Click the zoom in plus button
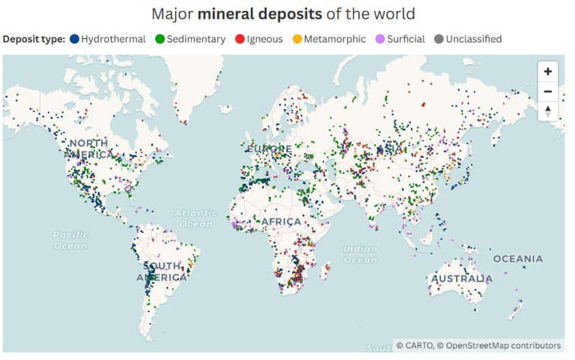pos(548,72)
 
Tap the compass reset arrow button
pos(548,110)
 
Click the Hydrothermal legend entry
pos(109,39)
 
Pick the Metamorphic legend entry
pos(329,39)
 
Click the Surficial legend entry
pos(401,39)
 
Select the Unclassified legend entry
pos(468,39)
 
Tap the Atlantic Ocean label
pos(196,218)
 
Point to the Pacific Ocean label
pos(70,240)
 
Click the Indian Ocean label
pos(361,254)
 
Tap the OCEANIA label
pos(518,259)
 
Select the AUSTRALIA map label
pos(462,279)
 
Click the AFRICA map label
pos(282,222)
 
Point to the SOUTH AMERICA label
pos(162,272)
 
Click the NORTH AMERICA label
pos(88,148)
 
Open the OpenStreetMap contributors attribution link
pos(502,346)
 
